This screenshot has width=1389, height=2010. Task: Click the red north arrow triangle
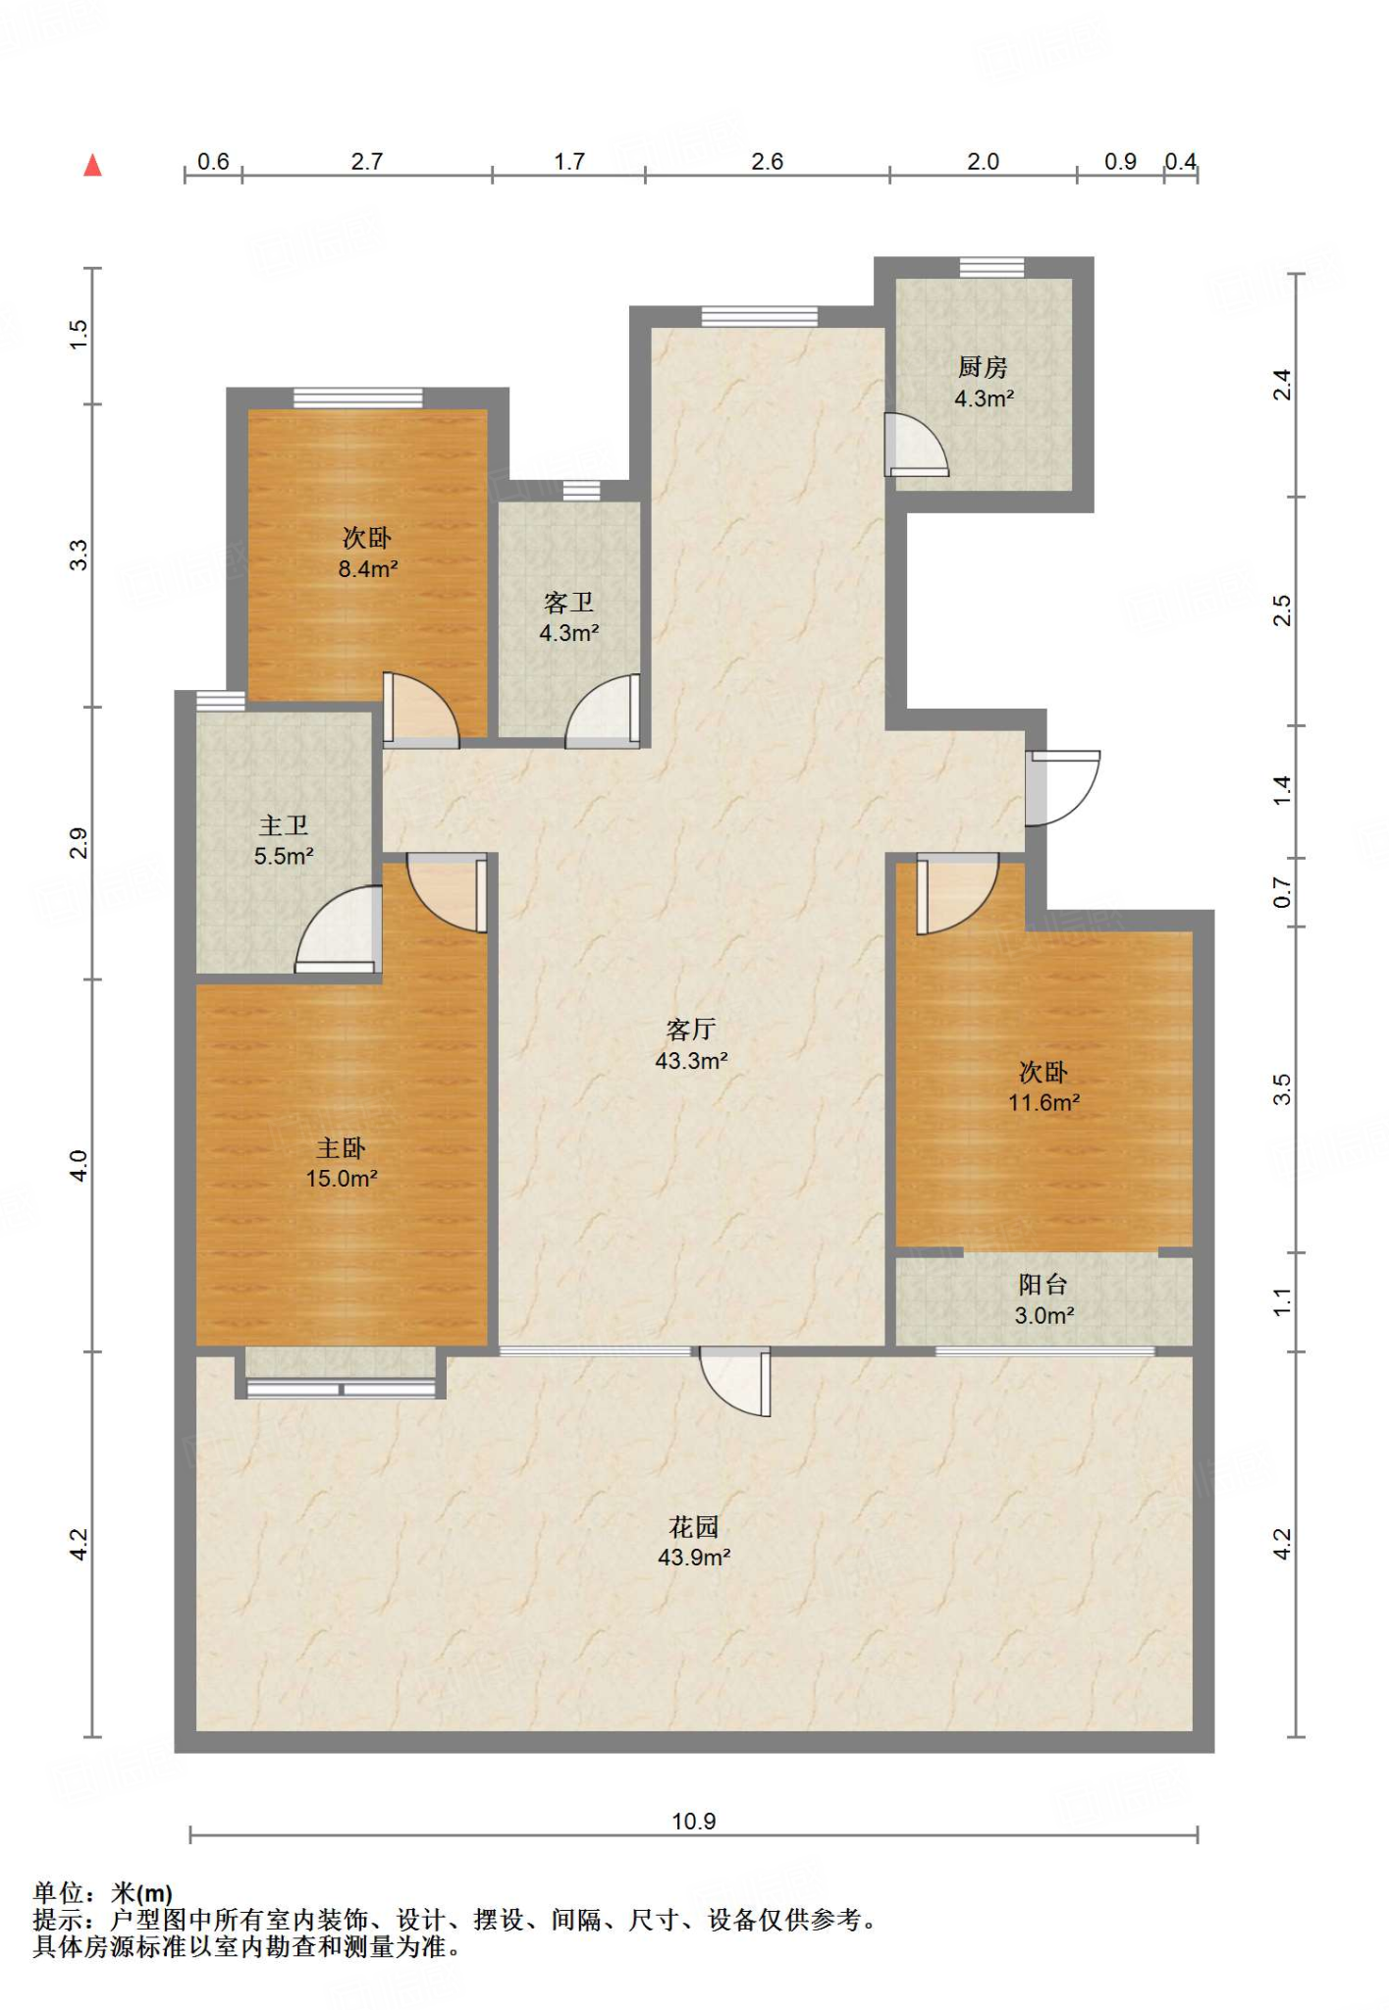tap(93, 165)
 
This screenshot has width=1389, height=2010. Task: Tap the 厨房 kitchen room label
tap(983, 367)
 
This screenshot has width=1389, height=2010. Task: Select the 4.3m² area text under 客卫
tap(569, 633)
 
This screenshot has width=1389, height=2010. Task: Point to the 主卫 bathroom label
tap(284, 826)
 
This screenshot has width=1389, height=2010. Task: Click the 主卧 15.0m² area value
tap(342, 1179)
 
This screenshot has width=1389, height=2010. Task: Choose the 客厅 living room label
tap(691, 1030)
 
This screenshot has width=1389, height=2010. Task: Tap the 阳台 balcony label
tap(1042, 1285)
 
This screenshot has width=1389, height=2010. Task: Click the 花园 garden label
tap(694, 1527)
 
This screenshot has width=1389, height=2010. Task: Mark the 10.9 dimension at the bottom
tap(694, 1822)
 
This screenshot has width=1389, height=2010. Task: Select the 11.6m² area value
tap(1044, 1103)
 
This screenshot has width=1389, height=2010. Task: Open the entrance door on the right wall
tap(1062, 788)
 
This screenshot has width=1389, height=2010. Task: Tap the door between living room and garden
tap(735, 1382)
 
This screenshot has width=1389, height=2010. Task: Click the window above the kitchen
tap(991, 267)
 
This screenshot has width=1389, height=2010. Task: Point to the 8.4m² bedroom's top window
tap(358, 397)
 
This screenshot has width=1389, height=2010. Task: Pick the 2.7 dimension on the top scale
tap(367, 162)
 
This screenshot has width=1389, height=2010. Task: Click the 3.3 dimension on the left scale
tap(79, 555)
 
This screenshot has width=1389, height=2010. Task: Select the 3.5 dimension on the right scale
tap(1282, 1089)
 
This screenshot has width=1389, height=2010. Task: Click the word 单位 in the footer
tap(58, 1892)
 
